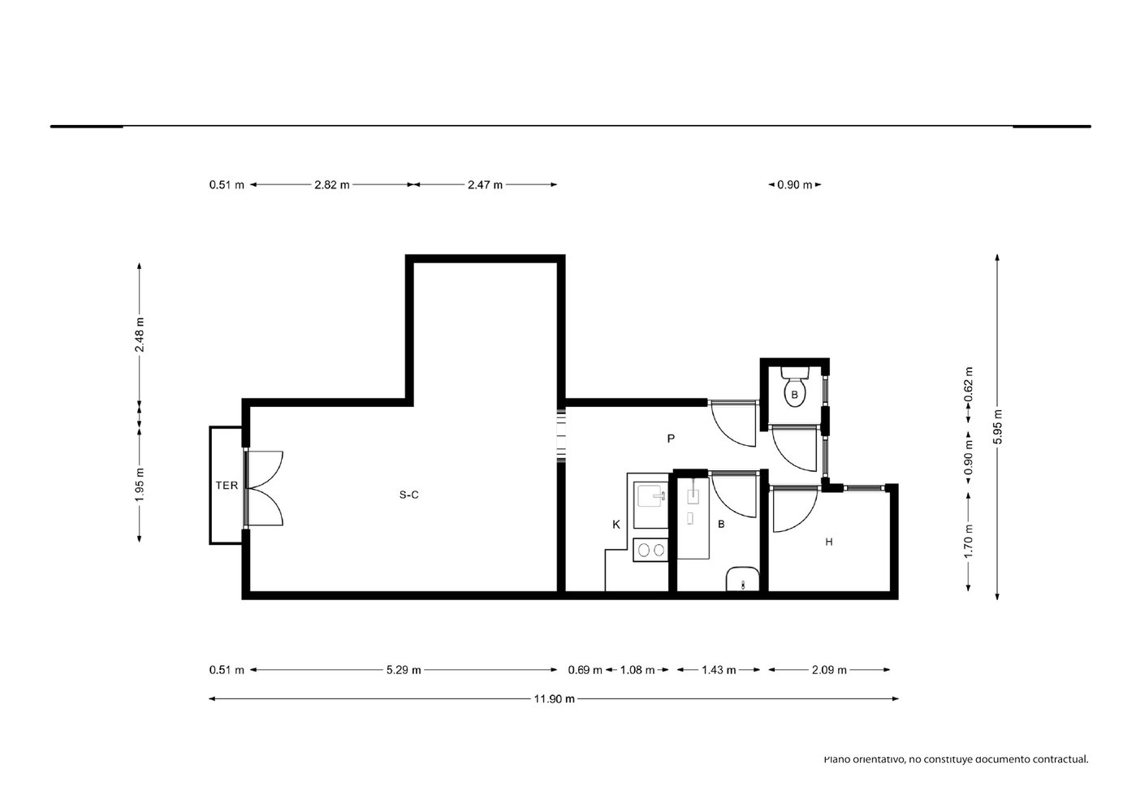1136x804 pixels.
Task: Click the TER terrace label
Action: (x=227, y=486)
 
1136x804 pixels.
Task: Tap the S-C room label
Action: (x=408, y=495)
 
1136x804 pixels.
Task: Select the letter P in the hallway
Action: (x=671, y=439)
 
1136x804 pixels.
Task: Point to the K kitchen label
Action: (x=616, y=525)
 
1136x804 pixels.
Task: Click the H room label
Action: (x=829, y=542)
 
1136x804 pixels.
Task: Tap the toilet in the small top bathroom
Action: (x=794, y=387)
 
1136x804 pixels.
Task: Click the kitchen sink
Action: (x=651, y=496)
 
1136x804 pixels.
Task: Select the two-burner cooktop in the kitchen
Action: (x=651, y=550)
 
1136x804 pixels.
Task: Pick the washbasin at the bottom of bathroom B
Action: (x=742, y=579)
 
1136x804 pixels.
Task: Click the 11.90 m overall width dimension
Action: (x=554, y=698)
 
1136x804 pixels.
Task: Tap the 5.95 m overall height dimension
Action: (x=997, y=427)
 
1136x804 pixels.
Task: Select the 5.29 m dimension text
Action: (x=404, y=669)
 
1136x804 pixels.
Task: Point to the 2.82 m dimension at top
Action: (x=331, y=184)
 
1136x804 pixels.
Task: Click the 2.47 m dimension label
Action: (x=485, y=184)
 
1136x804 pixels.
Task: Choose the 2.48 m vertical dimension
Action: (x=140, y=335)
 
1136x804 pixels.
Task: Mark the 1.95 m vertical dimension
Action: (x=140, y=484)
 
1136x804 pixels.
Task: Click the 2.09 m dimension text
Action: (x=829, y=669)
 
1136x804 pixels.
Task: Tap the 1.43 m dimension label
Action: (x=719, y=669)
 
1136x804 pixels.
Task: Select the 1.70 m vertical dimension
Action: (x=969, y=540)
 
